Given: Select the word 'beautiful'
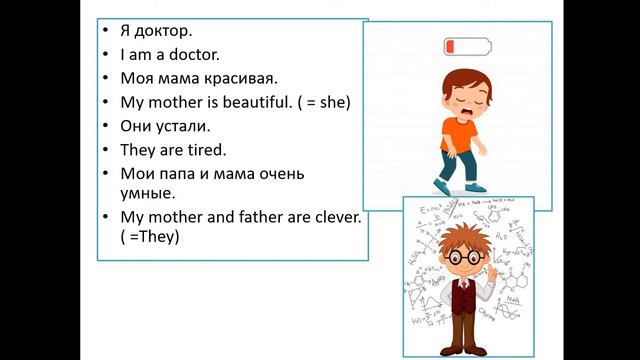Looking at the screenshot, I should coord(247,102).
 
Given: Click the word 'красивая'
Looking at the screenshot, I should coord(240,78).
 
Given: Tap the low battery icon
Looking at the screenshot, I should coord(467,46).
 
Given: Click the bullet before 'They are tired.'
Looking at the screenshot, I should coord(107,150).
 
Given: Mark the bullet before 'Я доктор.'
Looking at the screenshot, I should coord(107,30).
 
